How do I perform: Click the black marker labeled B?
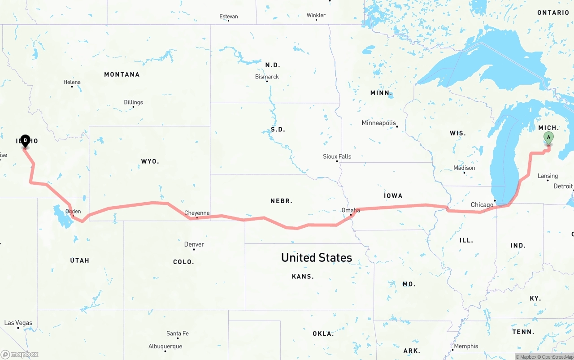coord(26,141)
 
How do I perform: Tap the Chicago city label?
coord(482,205)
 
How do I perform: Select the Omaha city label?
coord(351,210)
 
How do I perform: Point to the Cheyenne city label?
coord(197,213)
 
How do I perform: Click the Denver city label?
coord(194,244)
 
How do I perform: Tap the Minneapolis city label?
coord(379,123)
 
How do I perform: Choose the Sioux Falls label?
coord(337,156)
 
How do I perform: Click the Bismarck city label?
coord(267,77)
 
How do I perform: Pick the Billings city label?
coord(133,102)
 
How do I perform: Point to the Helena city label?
coord(72,82)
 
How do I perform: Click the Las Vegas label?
coord(18,323)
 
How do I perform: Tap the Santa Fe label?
coord(178,333)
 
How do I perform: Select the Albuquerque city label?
coord(165,346)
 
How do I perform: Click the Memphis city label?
coord(466,346)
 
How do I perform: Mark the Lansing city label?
coord(548,176)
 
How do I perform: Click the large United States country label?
coord(317,257)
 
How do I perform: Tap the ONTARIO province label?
coord(553,13)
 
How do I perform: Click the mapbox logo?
coord(20,354)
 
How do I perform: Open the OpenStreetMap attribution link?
coord(557,357)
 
